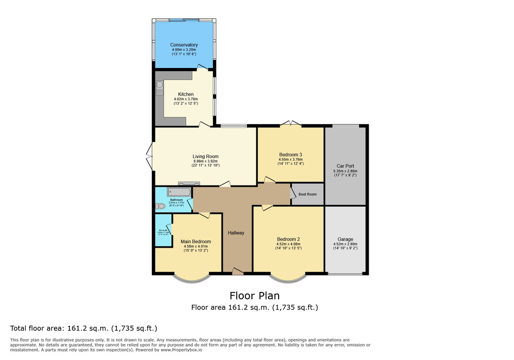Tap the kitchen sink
click(159, 89)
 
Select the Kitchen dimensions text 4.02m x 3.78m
click(186, 99)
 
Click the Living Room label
click(206, 156)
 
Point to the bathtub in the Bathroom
click(179, 192)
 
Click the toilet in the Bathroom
click(160, 206)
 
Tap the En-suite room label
click(162, 230)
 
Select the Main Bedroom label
click(195, 241)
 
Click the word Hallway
click(236, 233)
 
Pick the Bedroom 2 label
click(288, 238)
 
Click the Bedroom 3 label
click(290, 154)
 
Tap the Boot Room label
click(308, 194)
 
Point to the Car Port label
click(345, 166)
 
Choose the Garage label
click(345, 239)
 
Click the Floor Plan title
click(254, 295)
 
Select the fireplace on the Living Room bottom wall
click(188, 183)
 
